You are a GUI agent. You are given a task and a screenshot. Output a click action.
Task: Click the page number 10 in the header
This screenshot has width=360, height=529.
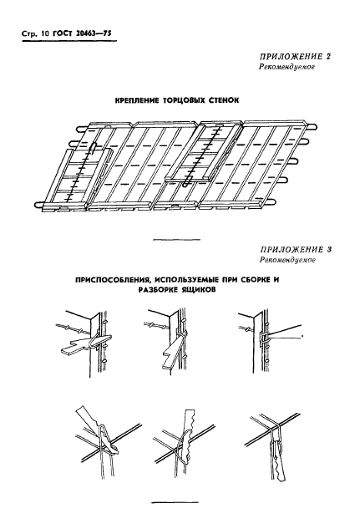click(45, 34)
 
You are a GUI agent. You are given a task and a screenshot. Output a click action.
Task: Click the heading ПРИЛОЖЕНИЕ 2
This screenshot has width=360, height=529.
click(296, 56)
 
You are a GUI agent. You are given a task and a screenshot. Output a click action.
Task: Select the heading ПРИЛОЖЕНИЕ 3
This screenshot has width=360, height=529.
click(296, 250)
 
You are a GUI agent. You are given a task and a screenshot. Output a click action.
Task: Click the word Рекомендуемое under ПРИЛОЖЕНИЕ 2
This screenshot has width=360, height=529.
click(286, 67)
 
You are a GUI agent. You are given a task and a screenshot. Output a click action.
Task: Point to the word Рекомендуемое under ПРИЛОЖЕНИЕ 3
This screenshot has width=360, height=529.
click(287, 260)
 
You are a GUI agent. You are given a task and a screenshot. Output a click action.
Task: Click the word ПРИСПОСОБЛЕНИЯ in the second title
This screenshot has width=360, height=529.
click(110, 280)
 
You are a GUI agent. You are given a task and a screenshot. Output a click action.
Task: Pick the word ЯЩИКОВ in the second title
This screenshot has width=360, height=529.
click(200, 290)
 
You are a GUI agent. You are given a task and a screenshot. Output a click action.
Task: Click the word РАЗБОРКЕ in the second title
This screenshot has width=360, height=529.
click(159, 290)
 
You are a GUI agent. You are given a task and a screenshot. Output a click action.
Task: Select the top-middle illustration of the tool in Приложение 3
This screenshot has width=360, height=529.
click(168, 342)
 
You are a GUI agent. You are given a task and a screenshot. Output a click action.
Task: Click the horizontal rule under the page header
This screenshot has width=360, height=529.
click(69, 42)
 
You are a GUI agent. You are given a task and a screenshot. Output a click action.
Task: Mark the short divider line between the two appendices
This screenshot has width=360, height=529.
click(176, 240)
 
